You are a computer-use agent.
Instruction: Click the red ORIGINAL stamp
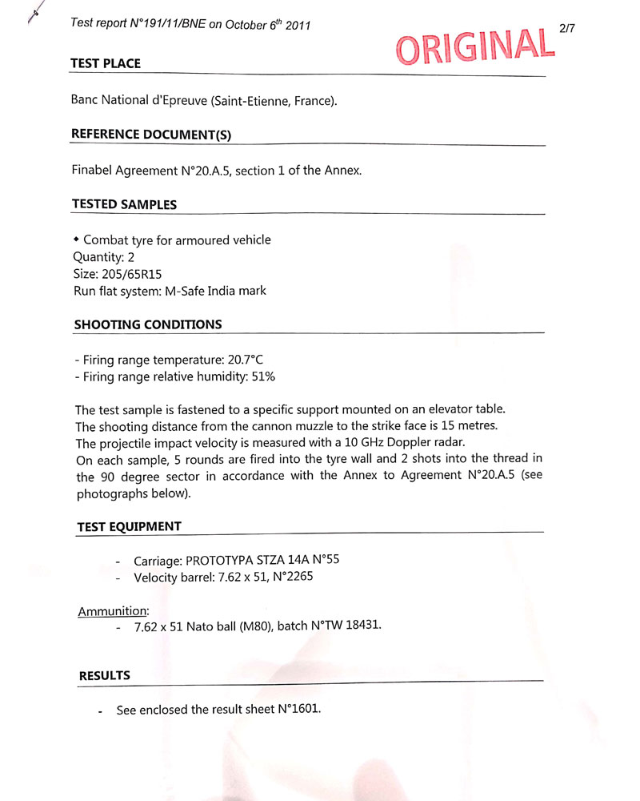pyautogui.click(x=475, y=47)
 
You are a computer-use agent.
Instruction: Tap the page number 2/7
pyautogui.click(x=567, y=28)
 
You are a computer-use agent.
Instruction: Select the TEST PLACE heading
pyautogui.click(x=106, y=64)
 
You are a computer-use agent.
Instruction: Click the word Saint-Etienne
pyautogui.click(x=250, y=101)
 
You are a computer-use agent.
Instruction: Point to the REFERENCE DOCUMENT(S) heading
pyautogui.click(x=151, y=134)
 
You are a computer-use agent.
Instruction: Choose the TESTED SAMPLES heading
pyautogui.click(x=124, y=204)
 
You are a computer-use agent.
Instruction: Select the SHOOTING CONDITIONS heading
pyautogui.click(x=148, y=324)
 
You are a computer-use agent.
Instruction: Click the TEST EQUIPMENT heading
pyautogui.click(x=129, y=526)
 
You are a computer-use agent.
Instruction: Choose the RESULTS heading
pyautogui.click(x=104, y=675)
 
